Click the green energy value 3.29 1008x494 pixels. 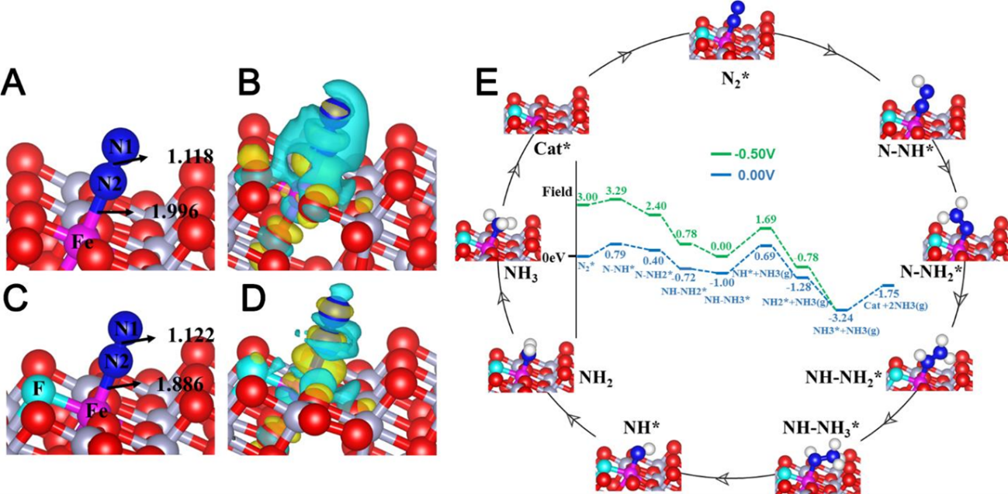[616, 190]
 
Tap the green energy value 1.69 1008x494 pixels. [765, 219]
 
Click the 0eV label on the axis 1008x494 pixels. [556, 255]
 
